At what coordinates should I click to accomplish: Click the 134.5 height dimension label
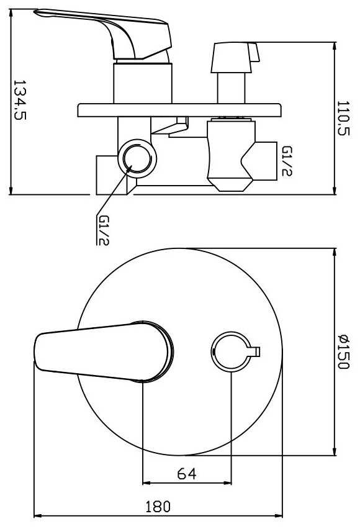20,100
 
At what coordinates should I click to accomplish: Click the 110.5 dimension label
343,118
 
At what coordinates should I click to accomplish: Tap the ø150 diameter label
343,351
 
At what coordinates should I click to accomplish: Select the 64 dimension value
187,474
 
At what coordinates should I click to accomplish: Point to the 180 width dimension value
158,507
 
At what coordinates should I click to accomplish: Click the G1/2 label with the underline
103,230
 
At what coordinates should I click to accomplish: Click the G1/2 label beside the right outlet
287,161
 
